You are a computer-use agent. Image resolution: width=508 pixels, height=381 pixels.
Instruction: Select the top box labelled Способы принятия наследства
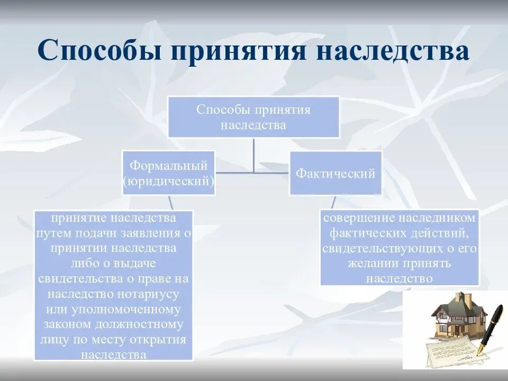[x=253, y=117]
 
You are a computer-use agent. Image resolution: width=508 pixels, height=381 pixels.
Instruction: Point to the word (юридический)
[x=168, y=182]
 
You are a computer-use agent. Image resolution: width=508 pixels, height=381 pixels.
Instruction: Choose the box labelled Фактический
[x=335, y=173]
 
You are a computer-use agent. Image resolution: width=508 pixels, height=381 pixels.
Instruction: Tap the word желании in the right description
[x=371, y=263]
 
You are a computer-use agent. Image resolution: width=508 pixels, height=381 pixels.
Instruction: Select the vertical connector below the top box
[x=254, y=156]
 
